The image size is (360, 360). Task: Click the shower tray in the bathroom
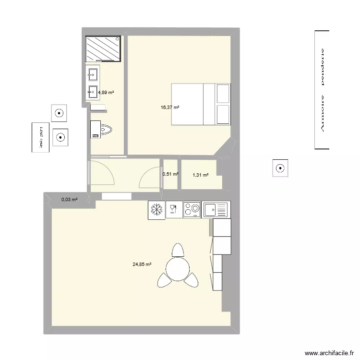103,48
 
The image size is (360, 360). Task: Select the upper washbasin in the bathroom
93,74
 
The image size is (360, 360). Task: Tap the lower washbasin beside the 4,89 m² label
93,90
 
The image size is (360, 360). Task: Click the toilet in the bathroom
103,129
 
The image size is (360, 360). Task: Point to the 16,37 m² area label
170,108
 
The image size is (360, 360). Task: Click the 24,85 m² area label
142,264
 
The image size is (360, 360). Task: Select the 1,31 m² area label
200,175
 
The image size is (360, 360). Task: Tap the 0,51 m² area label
170,174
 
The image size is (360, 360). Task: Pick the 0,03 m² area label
69,199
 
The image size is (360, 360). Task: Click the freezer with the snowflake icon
156,209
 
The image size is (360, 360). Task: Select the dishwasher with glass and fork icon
174,209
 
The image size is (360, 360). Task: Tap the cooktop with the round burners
192,209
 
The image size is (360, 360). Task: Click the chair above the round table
178,251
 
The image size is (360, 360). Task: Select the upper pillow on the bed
223,93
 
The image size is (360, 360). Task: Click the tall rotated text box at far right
322,90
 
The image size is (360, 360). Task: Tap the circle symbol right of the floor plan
280,168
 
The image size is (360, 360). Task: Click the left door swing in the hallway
102,173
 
